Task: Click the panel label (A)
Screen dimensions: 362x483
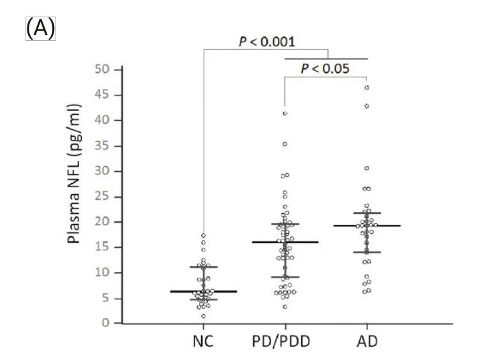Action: tap(41, 29)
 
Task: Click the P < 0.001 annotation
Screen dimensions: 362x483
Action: tap(266, 41)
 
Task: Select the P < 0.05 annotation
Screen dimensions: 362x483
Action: tap(325, 68)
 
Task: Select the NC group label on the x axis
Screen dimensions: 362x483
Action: tap(203, 341)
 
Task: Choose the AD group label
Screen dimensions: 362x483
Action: tap(368, 341)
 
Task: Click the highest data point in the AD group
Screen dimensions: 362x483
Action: tap(367, 87)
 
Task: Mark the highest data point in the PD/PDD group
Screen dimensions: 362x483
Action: tap(285, 114)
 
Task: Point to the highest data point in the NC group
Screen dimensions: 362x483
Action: tap(203, 236)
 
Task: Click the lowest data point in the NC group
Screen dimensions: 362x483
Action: tap(203, 316)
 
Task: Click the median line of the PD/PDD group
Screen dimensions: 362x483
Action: tap(285, 242)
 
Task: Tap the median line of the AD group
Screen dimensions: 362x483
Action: tap(367, 225)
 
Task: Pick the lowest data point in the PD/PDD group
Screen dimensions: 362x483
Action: tap(285, 307)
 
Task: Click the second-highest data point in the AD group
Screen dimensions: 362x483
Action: tap(367, 106)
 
